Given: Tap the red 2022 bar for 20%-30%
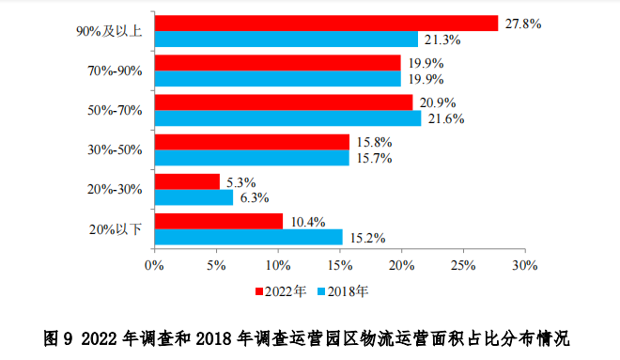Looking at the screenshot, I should (187, 181).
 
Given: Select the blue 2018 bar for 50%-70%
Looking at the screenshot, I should (287, 118).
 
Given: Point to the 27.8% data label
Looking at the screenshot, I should (522, 23).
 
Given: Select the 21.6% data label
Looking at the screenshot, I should (445, 119).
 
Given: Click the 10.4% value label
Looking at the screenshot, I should (306, 222).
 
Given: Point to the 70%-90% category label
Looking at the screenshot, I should (115, 70).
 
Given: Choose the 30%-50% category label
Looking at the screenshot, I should (115, 149).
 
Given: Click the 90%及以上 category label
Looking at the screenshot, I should (109, 31).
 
